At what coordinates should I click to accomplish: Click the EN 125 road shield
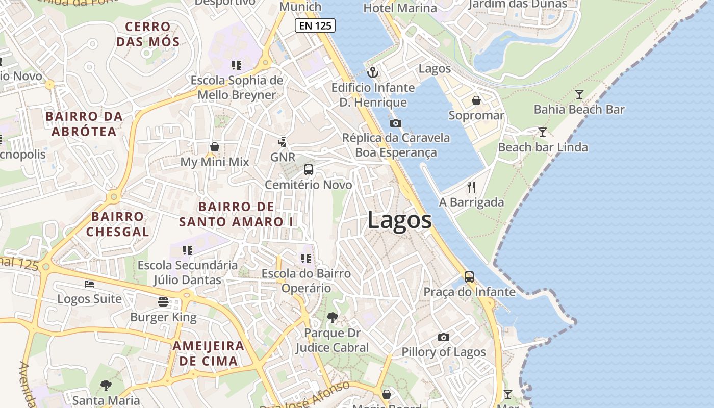pyautogui.click(x=315, y=25)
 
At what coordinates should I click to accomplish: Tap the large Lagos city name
pyautogui.click(x=399, y=220)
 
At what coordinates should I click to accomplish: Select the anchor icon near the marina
pyautogui.click(x=373, y=72)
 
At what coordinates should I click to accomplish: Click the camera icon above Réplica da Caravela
pyautogui.click(x=395, y=123)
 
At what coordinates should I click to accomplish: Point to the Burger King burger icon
pyautogui.click(x=163, y=302)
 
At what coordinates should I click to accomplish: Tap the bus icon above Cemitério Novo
pyautogui.click(x=309, y=170)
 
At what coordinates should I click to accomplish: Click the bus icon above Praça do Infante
pyautogui.click(x=469, y=277)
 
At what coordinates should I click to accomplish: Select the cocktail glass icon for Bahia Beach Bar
pyautogui.click(x=579, y=94)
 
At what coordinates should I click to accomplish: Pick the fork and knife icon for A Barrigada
pyautogui.click(x=471, y=187)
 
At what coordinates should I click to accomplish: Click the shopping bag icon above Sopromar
pyautogui.click(x=476, y=100)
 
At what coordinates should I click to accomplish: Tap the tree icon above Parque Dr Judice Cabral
pyautogui.click(x=333, y=318)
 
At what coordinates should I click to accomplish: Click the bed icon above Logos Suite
pyautogui.click(x=89, y=284)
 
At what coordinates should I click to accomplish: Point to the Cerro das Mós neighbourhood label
pyautogui.click(x=148, y=34)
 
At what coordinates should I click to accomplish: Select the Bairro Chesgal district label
pyautogui.click(x=117, y=224)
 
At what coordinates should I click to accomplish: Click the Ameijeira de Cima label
pyautogui.click(x=208, y=353)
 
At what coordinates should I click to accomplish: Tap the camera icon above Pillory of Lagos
pyautogui.click(x=444, y=337)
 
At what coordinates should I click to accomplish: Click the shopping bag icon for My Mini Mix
pyautogui.click(x=215, y=147)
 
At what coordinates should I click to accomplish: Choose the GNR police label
pyautogui.click(x=283, y=157)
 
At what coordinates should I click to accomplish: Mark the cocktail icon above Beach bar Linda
pyautogui.click(x=543, y=132)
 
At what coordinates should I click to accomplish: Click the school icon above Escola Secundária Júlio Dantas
pyautogui.click(x=188, y=250)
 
